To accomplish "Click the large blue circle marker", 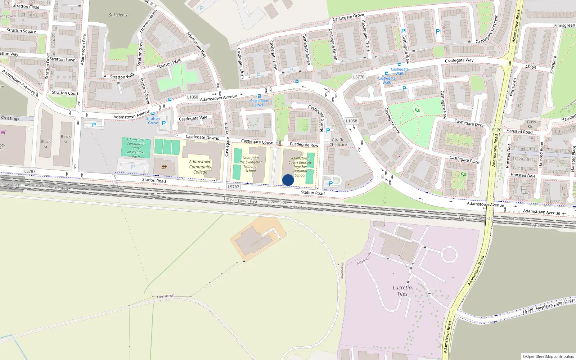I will [288, 180].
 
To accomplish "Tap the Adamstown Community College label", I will [200, 167].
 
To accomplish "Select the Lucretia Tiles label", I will [402, 291].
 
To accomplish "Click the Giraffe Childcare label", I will [338, 142].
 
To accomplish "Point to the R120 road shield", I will [497, 130].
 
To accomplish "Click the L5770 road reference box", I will [359, 77].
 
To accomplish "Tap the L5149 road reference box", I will [528, 310].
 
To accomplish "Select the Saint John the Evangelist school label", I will [251, 164].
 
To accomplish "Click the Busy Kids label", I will [532, 124].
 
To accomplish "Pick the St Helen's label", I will [118, 15].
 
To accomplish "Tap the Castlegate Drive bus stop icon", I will [259, 96].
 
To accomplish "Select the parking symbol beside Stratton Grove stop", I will [164, 123].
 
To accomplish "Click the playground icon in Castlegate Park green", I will [417, 110].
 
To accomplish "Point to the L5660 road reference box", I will [530, 67].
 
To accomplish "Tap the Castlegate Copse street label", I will [257, 142].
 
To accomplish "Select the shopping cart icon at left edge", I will [3, 132].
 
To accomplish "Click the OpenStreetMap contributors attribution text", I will [548, 356].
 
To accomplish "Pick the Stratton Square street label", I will [21, 31].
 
